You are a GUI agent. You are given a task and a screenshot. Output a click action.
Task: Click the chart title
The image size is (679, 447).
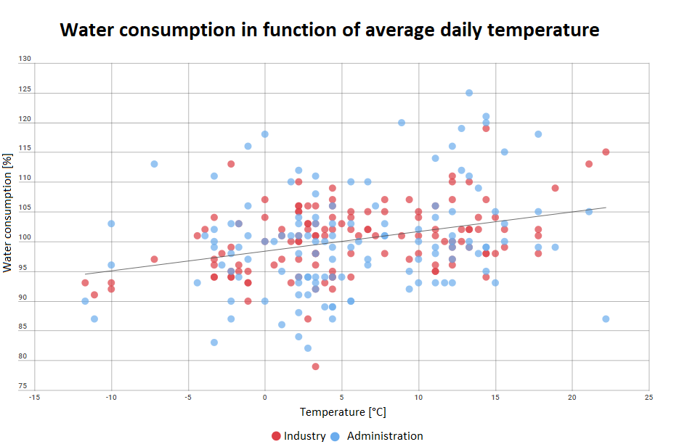point(329,30)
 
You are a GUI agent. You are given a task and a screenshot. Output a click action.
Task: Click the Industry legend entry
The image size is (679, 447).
point(298,436)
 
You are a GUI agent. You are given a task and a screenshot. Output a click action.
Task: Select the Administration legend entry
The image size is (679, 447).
point(378,436)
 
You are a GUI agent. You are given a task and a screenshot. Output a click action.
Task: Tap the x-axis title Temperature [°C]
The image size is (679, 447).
point(343,412)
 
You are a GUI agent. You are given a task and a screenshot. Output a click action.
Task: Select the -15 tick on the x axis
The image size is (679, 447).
point(35,397)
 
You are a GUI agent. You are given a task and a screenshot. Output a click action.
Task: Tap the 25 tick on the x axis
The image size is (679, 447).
point(648,397)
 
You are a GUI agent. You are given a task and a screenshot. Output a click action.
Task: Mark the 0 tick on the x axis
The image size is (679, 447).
point(265,397)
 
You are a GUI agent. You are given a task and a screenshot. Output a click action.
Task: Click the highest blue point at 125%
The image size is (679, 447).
point(469,93)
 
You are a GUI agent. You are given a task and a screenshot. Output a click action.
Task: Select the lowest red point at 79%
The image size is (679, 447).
point(315,366)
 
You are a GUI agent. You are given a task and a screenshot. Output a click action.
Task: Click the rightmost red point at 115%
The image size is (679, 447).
point(606,152)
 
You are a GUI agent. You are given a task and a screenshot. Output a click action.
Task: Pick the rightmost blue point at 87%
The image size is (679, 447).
point(606,319)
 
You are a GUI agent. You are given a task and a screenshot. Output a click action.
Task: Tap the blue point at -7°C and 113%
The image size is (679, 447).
point(154,164)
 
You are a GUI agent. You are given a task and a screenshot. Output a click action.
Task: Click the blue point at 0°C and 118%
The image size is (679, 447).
point(264,134)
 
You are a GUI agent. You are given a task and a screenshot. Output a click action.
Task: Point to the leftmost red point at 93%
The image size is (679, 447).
point(85,282)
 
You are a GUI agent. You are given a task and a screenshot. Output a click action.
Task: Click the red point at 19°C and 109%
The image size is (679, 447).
point(555,188)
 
